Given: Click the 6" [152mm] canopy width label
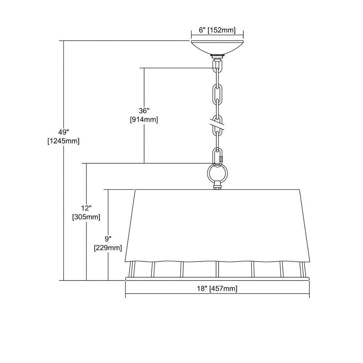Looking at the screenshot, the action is coord(217,30).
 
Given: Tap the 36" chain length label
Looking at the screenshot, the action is coord(144,111).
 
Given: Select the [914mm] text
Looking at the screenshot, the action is coord(144,120).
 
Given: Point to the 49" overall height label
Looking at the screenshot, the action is coord(64,132).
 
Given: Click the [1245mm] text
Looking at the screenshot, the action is coord(64,141).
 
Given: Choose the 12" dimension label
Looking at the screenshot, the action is coord(86,208).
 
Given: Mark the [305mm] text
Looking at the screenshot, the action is coord(86,217).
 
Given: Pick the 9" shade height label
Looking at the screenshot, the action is coord(108,239).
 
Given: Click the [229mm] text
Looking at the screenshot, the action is coord(108,248).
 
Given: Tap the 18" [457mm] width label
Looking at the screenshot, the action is coord(217,289).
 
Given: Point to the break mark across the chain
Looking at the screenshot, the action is coord(217,124).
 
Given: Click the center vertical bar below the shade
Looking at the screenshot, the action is coord(217,269).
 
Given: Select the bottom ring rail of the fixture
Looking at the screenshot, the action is coord(217,279).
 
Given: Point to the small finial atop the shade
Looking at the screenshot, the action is coord(217,185).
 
